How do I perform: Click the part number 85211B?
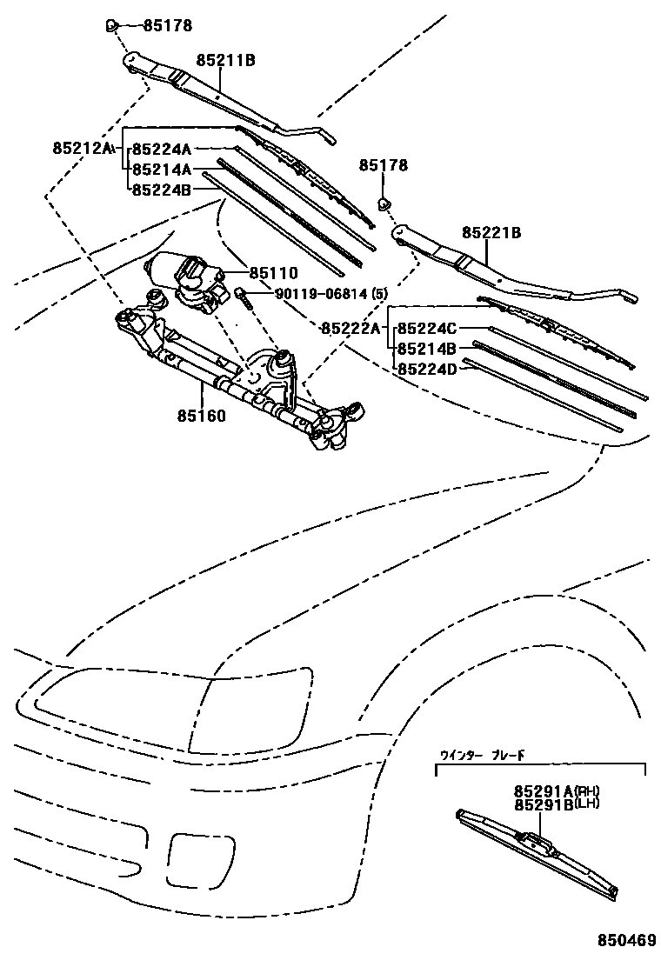(x=225, y=60)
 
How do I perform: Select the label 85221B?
(x=491, y=232)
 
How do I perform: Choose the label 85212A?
(x=83, y=149)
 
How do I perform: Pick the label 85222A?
(x=350, y=328)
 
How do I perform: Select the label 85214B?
(x=427, y=349)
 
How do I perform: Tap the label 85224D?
(x=427, y=369)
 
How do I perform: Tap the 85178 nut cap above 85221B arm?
(x=384, y=204)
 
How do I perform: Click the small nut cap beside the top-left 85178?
(x=112, y=25)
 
